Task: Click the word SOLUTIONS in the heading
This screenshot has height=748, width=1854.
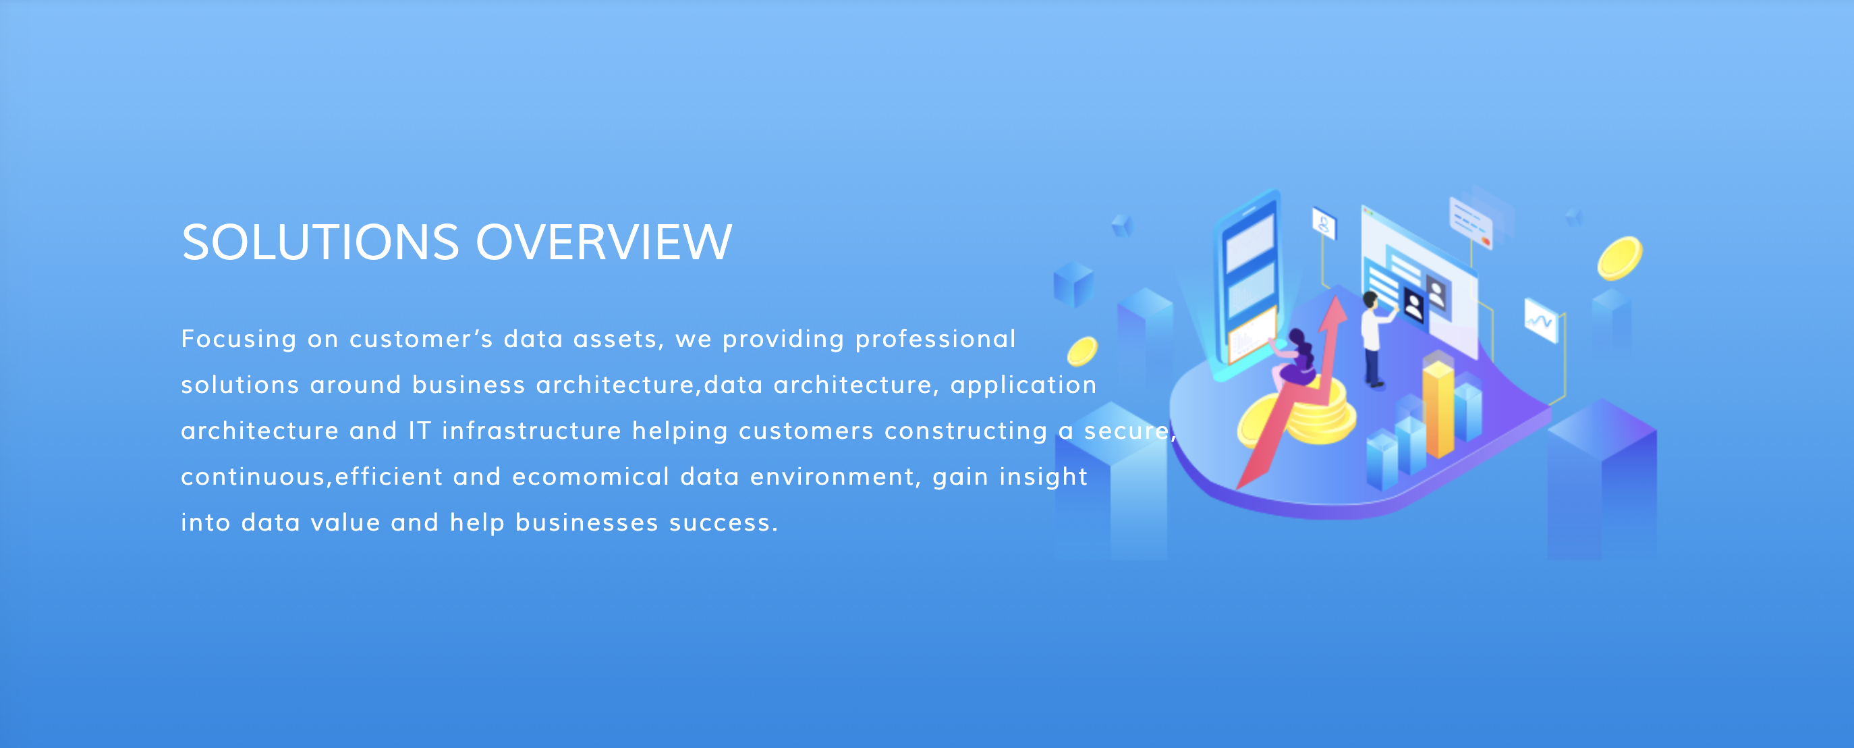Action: pyautogui.click(x=320, y=242)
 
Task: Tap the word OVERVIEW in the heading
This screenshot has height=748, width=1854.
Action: pyautogui.click(x=604, y=242)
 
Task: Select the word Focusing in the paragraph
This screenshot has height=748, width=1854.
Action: pyautogui.click(x=239, y=340)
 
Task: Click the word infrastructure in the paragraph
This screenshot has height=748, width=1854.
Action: pyautogui.click(x=532, y=431)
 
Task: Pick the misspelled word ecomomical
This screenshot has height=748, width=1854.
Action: pyautogui.click(x=591, y=477)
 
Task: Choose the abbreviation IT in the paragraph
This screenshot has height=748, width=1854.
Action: pyautogui.click(x=420, y=431)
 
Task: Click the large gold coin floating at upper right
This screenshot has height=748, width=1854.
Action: pyautogui.click(x=1619, y=258)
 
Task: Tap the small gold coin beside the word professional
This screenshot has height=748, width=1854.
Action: pyautogui.click(x=1081, y=351)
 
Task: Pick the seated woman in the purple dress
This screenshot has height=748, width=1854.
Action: pyautogui.click(x=1295, y=360)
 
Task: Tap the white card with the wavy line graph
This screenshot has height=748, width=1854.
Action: pyautogui.click(x=1541, y=321)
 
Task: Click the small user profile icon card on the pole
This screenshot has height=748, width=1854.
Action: pyautogui.click(x=1324, y=223)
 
